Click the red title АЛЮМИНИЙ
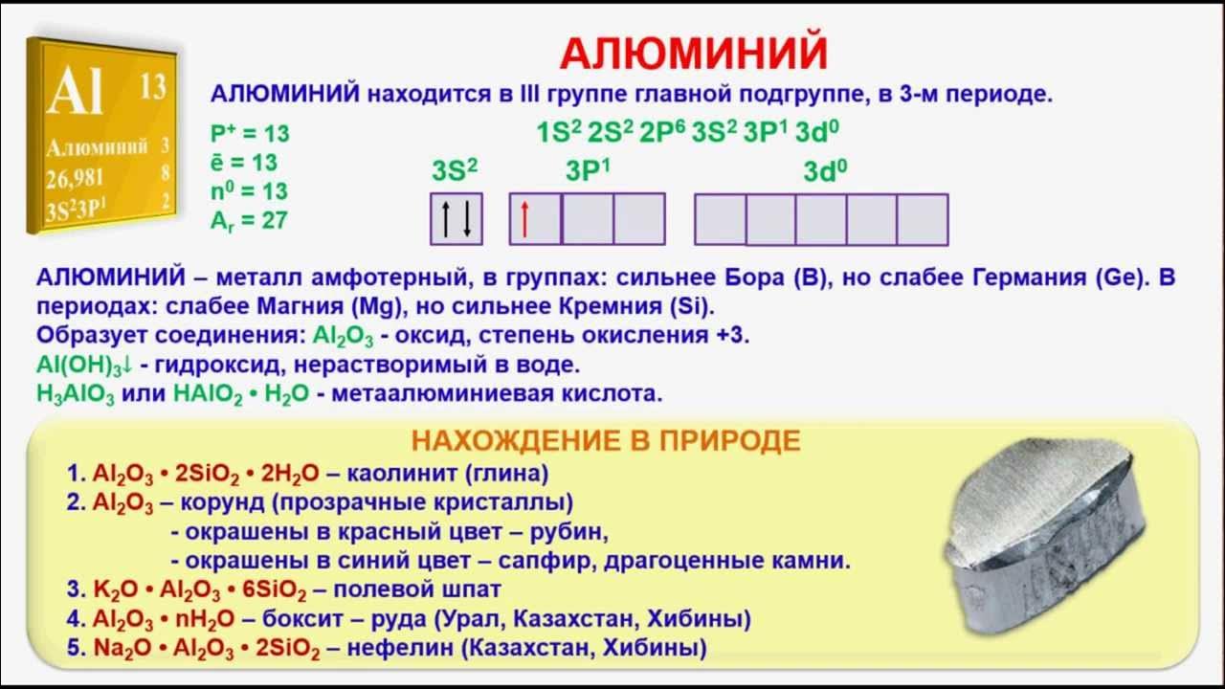693,54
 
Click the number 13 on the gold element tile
152,86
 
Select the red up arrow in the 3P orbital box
524,219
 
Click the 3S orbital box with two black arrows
456,219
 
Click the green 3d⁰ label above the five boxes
825,172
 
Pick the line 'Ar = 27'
249,220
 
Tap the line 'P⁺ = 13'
249,133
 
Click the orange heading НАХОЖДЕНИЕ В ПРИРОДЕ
605,440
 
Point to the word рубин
575,531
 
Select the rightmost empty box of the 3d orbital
923,219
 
